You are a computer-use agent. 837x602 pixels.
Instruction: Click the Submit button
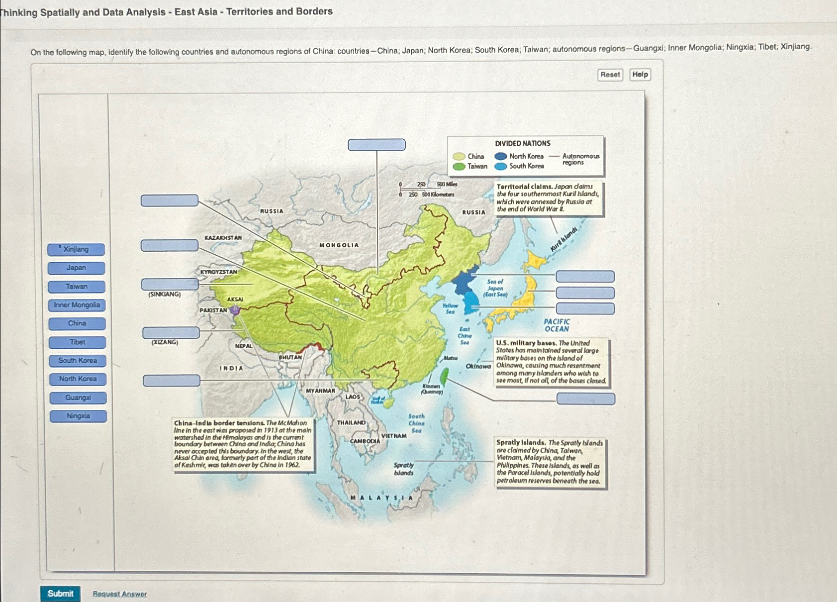pos(60,593)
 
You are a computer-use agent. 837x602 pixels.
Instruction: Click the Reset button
pos(610,75)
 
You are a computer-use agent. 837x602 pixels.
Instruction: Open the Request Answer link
pos(119,594)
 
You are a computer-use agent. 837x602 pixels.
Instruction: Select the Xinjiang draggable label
pos(76,249)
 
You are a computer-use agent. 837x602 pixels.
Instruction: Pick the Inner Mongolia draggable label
pos(77,305)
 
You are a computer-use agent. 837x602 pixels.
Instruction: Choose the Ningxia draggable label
pos(78,416)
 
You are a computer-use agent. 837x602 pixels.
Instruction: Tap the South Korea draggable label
pos(78,360)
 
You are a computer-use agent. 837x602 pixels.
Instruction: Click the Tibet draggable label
pos(77,342)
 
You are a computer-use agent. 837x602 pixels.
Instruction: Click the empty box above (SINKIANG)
pos(170,284)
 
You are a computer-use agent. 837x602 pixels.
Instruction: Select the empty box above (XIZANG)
pos(171,332)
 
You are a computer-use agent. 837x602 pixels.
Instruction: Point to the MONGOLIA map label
pos(339,245)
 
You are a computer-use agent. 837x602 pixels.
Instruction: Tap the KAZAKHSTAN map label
pos(223,238)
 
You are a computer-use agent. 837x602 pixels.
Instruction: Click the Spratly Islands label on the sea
pos(403,469)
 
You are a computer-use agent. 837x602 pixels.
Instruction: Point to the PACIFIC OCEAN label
pos(557,325)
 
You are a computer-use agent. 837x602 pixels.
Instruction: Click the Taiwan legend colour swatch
pos(459,166)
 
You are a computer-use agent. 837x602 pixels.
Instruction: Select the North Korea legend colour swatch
pos(501,156)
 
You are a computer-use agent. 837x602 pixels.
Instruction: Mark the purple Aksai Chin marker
pos(235,310)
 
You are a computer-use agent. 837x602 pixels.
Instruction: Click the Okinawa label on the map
pos(478,366)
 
